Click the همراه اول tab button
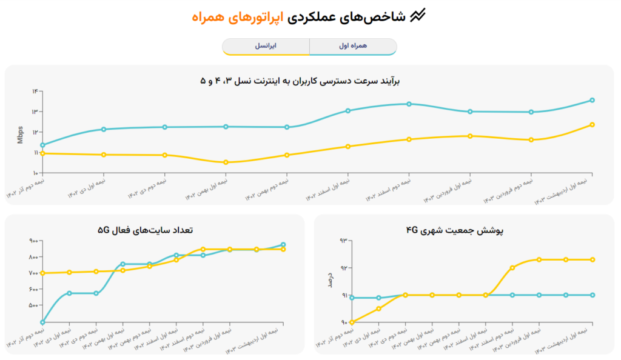(353, 46)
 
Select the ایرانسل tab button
(266, 46)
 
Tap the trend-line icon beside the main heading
(418, 17)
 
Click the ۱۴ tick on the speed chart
(36, 91)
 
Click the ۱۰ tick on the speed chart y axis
(36, 173)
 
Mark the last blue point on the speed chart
(592, 100)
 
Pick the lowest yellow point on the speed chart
(226, 162)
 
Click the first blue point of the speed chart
(43, 145)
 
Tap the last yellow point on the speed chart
(592, 125)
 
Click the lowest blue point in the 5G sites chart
(43, 322)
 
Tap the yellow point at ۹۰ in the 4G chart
(352, 322)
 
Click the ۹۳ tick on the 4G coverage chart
(343, 241)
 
